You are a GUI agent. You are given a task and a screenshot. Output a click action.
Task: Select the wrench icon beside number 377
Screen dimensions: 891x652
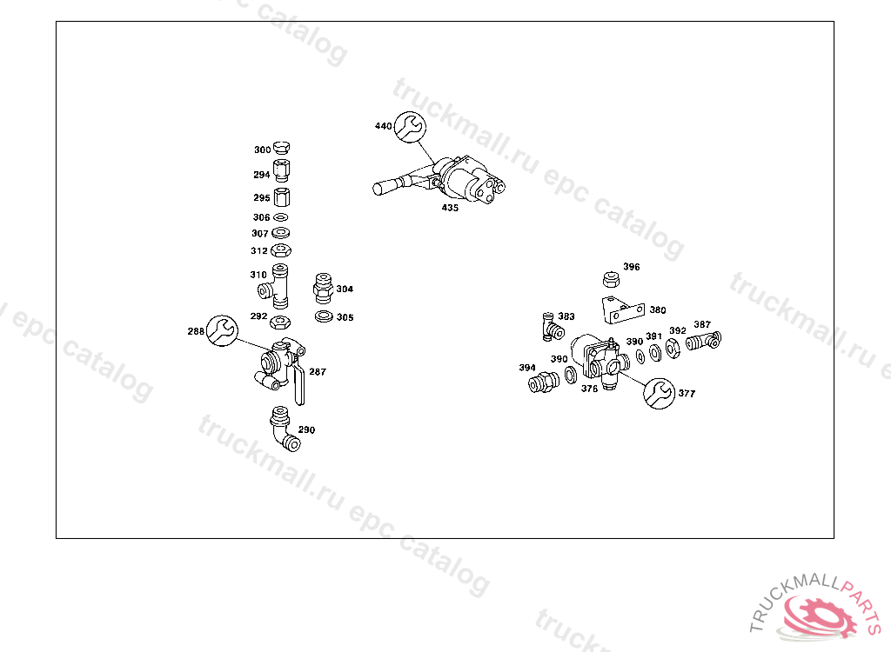click(x=658, y=393)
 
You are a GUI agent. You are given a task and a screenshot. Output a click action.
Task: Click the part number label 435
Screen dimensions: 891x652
click(x=450, y=208)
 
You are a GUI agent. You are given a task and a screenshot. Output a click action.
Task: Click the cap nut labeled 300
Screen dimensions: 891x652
click(x=282, y=148)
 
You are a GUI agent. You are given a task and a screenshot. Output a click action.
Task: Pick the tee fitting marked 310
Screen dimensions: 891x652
click(x=280, y=284)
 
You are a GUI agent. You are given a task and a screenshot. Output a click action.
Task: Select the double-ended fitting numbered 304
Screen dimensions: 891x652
click(x=323, y=288)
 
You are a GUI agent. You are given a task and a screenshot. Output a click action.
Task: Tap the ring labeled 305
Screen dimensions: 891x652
click(x=324, y=316)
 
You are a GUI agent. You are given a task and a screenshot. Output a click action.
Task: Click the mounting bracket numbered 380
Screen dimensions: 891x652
click(x=623, y=309)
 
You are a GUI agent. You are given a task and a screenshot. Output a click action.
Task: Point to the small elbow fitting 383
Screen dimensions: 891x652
click(x=549, y=326)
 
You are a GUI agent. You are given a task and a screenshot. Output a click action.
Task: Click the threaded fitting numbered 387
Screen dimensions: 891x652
click(x=703, y=341)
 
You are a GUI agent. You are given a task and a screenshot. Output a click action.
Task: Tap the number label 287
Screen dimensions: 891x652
click(x=318, y=372)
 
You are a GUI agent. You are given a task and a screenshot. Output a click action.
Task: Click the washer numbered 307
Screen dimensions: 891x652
click(x=281, y=233)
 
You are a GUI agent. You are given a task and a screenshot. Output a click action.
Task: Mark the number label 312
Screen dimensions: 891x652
click(x=259, y=250)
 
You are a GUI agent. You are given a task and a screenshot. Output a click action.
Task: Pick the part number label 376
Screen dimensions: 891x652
click(x=590, y=389)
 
